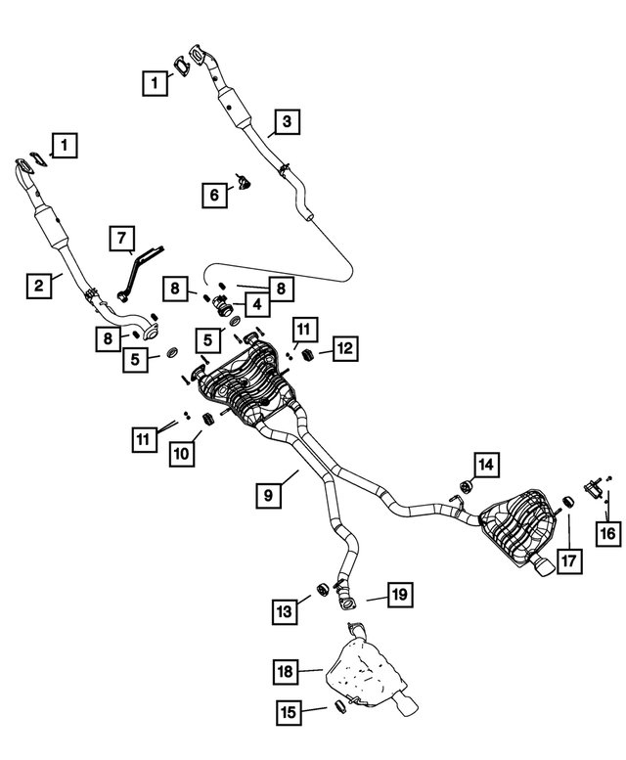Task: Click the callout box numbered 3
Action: (x=286, y=122)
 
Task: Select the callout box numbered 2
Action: (x=38, y=286)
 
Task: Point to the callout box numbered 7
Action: (x=121, y=238)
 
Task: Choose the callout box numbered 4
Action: (x=256, y=304)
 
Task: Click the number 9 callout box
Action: (x=268, y=496)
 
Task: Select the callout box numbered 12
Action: (x=344, y=346)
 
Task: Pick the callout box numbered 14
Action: (x=487, y=463)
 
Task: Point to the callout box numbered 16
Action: (x=607, y=532)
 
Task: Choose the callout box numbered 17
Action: (x=569, y=560)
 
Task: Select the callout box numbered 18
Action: (x=285, y=671)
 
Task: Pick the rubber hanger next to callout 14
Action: (x=466, y=486)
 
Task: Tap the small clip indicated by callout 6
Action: (x=244, y=182)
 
